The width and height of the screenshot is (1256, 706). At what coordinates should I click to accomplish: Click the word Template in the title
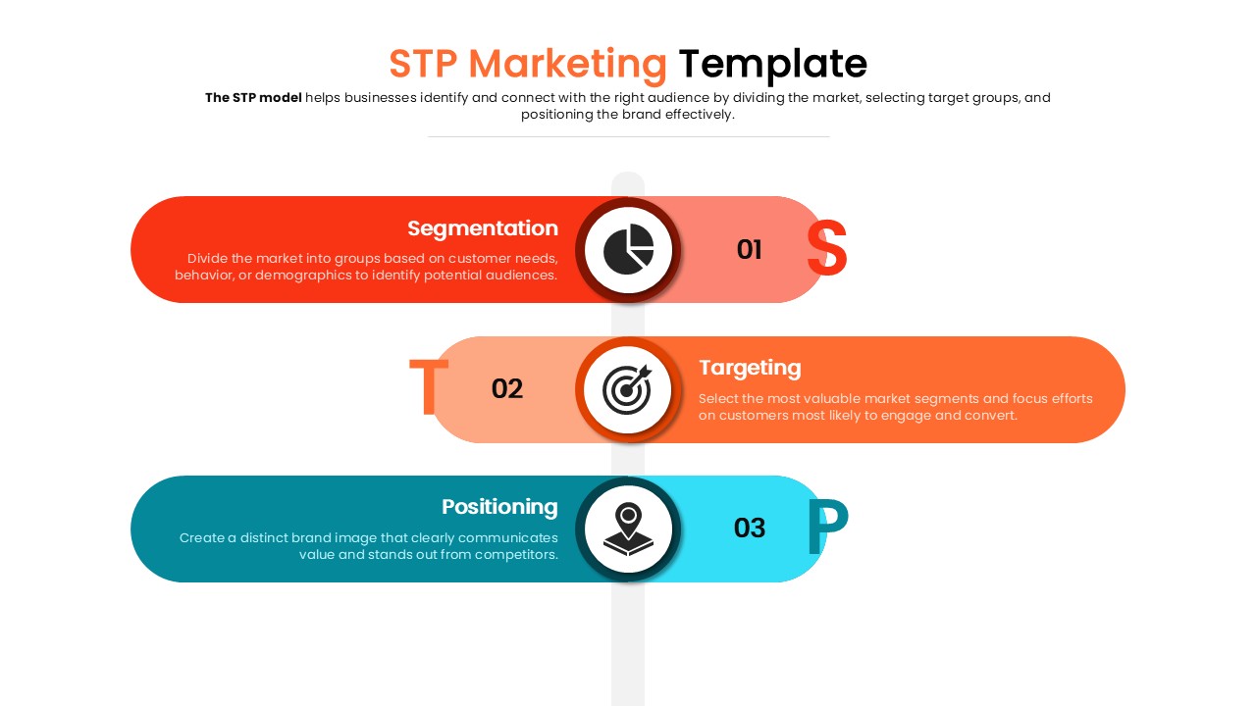tap(772, 64)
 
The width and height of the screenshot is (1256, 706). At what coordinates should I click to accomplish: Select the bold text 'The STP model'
tap(253, 98)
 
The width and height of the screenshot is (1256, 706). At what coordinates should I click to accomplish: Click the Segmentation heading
tap(482, 228)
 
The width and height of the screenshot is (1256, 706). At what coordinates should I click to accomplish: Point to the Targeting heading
tap(750, 368)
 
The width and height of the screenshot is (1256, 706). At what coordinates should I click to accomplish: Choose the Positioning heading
tap(498, 507)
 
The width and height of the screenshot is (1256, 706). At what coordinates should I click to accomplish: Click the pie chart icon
tap(628, 250)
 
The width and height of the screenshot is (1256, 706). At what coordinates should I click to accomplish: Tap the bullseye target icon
tap(628, 389)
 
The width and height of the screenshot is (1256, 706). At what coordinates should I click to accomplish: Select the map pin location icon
tap(628, 529)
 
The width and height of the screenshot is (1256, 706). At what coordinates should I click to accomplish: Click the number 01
tap(749, 250)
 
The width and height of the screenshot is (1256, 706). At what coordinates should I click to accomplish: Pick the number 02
tap(506, 389)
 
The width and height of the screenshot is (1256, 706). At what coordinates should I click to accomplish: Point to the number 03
tap(749, 529)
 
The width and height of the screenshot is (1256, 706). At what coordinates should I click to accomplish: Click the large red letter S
tap(826, 249)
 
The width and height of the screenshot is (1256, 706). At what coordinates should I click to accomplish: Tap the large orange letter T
tap(428, 388)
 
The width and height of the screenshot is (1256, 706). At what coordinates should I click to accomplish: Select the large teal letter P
tap(826, 528)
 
